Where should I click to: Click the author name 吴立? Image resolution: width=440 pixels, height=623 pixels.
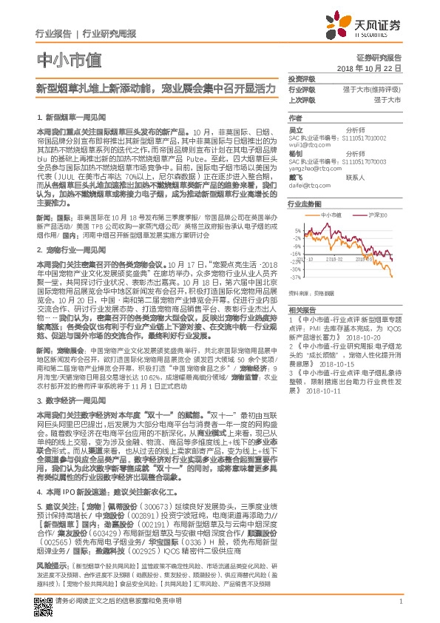click(295, 129)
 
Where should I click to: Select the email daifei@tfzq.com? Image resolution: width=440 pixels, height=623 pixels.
click(307, 184)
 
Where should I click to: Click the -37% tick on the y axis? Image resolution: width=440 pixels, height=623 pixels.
click(295, 277)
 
